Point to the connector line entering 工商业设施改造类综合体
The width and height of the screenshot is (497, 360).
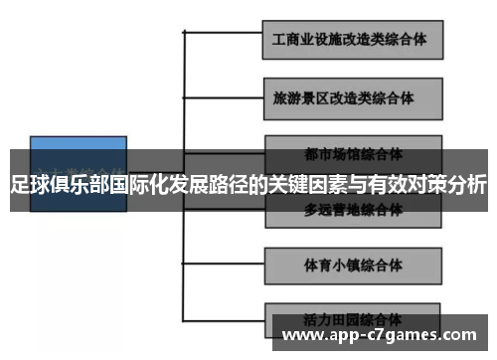(x=224, y=33)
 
